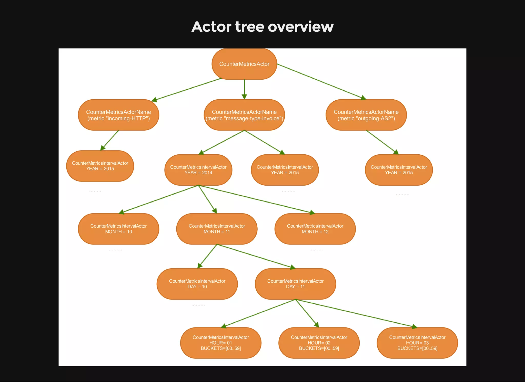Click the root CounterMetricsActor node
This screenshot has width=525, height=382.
tap(244, 64)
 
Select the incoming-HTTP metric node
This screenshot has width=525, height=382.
tap(118, 115)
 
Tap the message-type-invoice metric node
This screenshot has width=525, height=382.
tap(244, 115)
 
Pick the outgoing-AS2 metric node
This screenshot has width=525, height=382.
tap(366, 115)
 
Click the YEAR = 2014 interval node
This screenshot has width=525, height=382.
tap(198, 170)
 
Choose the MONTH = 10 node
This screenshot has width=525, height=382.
tap(118, 229)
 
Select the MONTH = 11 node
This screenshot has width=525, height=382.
tap(217, 229)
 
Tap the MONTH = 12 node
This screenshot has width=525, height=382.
tap(315, 229)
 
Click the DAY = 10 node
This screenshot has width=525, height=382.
tap(197, 284)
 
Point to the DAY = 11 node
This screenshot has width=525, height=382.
tap(295, 284)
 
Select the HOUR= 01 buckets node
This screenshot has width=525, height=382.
tap(220, 343)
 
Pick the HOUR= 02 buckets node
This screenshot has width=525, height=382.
tap(319, 343)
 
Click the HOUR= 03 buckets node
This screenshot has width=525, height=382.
tap(417, 343)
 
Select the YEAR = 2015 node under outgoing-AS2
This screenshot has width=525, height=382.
tap(399, 170)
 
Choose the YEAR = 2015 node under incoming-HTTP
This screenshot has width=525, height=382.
tap(100, 166)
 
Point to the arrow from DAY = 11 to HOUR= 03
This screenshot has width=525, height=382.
tap(356, 313)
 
